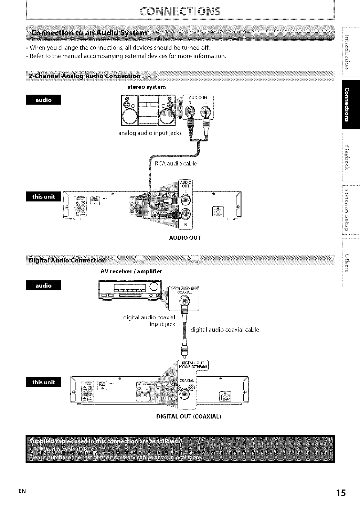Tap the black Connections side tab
[x=351, y=105]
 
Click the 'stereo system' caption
[x=147, y=87]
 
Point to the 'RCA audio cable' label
[x=176, y=163]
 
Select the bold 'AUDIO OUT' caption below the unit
[x=185, y=238]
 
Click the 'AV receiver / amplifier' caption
[x=131, y=271]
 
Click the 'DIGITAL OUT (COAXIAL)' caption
[x=189, y=416]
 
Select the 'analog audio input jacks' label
[x=150, y=133]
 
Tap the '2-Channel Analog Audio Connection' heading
[x=85, y=76]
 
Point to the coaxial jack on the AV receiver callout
[x=185, y=302]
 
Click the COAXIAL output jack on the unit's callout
[x=185, y=394]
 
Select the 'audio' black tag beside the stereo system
[x=43, y=100]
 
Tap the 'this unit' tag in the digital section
[x=43, y=382]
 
